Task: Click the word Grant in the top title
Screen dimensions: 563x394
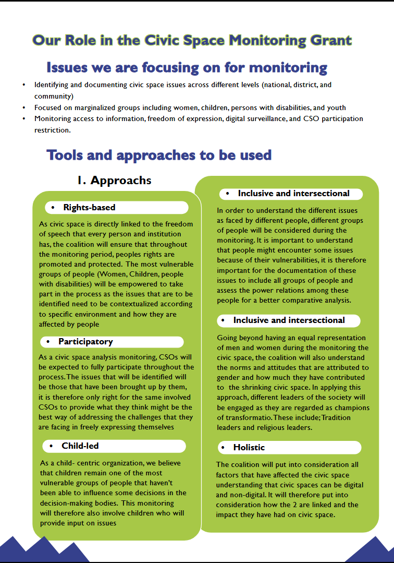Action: (328, 40)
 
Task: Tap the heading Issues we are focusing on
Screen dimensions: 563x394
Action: (187, 67)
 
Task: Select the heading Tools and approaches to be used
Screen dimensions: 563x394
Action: (159, 154)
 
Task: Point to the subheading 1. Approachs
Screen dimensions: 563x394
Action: (114, 181)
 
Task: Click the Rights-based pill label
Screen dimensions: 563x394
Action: (89, 208)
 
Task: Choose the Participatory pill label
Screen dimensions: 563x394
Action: (85, 342)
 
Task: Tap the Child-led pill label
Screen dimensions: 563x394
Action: (80, 446)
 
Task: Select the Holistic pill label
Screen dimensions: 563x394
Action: (249, 447)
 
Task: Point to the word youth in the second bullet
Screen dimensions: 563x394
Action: (336, 107)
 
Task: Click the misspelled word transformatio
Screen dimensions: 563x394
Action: (241, 417)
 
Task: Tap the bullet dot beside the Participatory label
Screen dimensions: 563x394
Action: (48, 342)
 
